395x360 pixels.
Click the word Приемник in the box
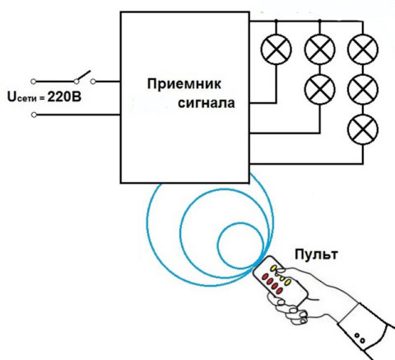coord(184,84)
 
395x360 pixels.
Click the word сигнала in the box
coord(207,103)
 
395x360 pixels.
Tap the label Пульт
coord(316,255)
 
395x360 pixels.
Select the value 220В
coord(64,97)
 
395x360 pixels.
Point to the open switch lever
coord(84,75)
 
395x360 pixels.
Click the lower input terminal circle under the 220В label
coord(34,115)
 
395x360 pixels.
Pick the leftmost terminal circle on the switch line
coord(33,82)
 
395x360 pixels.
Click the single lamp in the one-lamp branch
coord(276,49)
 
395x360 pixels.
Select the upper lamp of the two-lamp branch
coord(319,49)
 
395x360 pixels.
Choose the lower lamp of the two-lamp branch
coord(319,90)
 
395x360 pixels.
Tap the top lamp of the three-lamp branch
coord(363,49)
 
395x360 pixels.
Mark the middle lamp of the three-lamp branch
coord(363,90)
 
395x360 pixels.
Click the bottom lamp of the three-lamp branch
coord(363,129)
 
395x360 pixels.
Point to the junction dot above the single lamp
coord(276,21)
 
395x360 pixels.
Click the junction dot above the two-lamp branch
coord(319,21)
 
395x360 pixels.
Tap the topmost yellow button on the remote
coord(274,268)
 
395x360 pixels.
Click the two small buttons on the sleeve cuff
coord(360,338)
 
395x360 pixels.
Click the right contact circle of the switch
coord(93,82)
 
